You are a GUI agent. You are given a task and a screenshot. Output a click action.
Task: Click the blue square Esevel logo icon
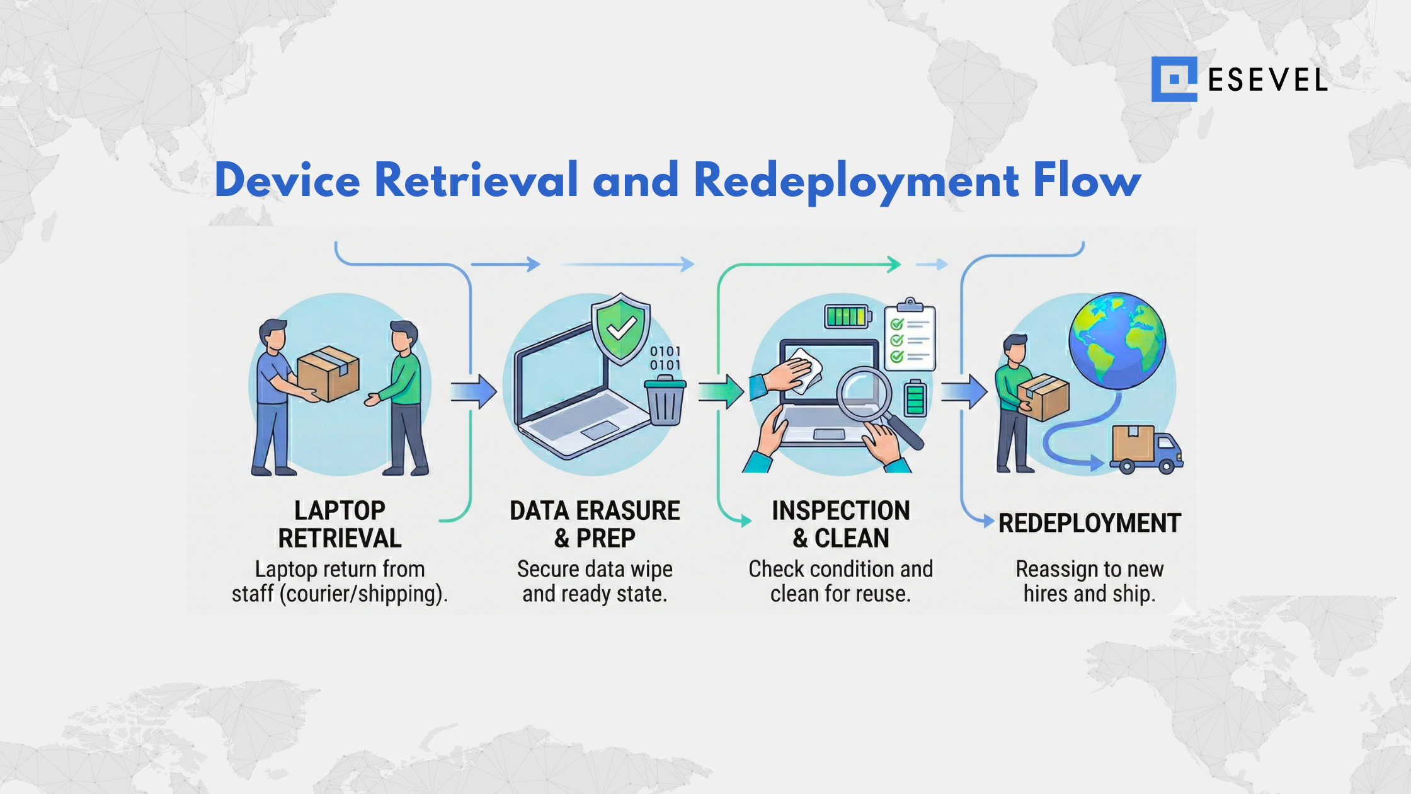1174,79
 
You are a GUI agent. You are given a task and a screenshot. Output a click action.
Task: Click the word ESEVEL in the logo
1267,80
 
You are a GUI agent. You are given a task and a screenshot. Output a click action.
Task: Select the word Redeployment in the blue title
856,181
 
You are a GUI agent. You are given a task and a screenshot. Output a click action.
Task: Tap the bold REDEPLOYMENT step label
1090,523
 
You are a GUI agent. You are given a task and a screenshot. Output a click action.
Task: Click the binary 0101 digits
665,358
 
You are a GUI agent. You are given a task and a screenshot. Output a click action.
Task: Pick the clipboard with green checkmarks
910,337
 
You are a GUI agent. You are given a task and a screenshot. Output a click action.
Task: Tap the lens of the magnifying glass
864,393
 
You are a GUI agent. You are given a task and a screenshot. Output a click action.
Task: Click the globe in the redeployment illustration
1117,340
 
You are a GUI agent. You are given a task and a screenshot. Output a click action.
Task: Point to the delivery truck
1146,450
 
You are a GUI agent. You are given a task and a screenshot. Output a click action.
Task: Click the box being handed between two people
328,376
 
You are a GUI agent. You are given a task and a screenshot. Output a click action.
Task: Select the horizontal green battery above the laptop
848,316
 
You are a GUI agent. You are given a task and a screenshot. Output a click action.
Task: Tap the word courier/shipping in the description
361,594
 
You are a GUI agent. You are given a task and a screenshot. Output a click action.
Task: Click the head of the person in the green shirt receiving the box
403,337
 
